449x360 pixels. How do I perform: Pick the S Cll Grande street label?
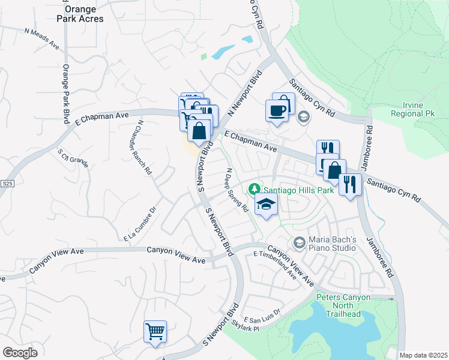73,157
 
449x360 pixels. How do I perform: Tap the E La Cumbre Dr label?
140,224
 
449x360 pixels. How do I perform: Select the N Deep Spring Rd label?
237,190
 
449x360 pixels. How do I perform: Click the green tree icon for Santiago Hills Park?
255,190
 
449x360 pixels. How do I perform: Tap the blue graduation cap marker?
266,205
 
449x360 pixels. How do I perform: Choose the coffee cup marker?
277,111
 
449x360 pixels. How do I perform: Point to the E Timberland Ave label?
276,264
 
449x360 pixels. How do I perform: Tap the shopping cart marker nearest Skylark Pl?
155,331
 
